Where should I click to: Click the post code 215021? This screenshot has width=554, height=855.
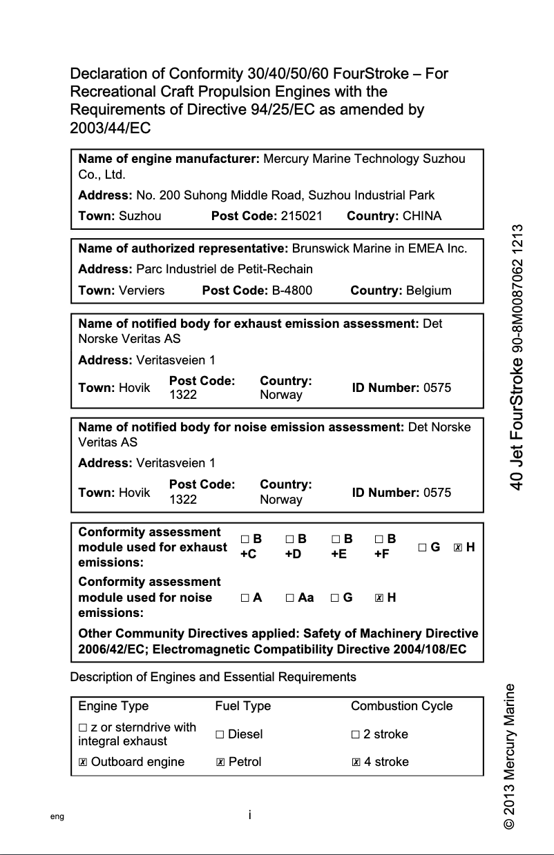pos(302,216)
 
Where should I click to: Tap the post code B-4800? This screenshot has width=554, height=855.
pos(292,291)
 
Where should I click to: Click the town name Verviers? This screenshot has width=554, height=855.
pos(142,291)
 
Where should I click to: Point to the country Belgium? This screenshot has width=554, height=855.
pos(428,291)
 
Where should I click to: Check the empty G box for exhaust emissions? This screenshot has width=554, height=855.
pos(422,547)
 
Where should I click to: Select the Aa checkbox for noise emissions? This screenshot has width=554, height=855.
pos(290,598)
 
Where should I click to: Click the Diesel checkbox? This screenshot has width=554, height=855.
pos(220,734)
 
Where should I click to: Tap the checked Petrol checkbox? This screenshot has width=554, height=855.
pos(220,762)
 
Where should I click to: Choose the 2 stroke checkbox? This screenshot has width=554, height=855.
pos(355,734)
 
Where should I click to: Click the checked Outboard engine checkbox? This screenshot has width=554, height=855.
pos(83,762)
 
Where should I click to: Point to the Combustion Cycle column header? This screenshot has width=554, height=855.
pos(401,706)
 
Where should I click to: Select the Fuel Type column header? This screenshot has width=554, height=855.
pos(242,706)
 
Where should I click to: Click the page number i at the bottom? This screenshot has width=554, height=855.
pos(249,815)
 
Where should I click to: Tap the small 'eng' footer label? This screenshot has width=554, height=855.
pos(57,816)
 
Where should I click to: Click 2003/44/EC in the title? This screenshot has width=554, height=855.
pos(111,128)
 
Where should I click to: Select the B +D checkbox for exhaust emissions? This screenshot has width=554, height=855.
pos(290,539)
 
